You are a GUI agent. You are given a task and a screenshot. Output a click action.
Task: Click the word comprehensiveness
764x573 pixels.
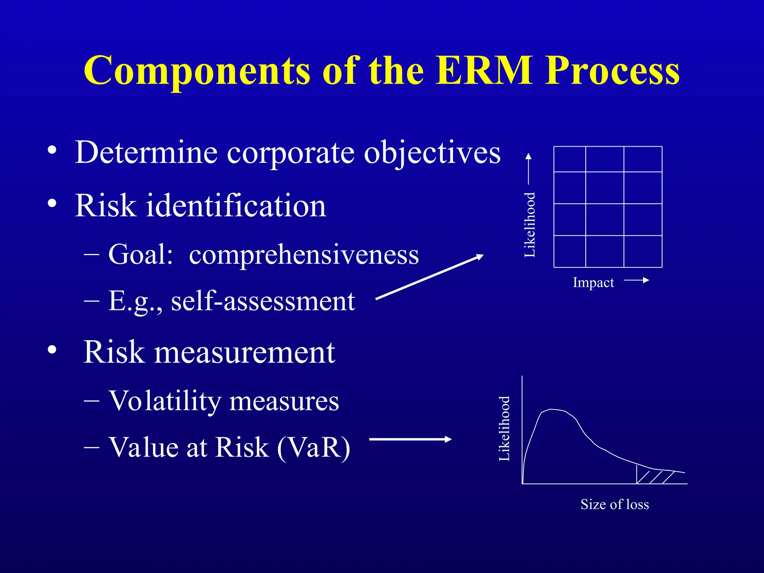pos(304,255)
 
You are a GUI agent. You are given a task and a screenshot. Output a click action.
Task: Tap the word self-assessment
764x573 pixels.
pos(263,301)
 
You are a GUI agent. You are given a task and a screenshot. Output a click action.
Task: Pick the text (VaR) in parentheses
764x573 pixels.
pos(313,448)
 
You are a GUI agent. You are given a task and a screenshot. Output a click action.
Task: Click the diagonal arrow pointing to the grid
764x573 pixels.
pos(429,277)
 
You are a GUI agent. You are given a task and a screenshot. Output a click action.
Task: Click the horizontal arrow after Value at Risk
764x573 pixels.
pos(410,439)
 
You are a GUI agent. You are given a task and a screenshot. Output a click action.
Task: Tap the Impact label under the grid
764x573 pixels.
pos(593,283)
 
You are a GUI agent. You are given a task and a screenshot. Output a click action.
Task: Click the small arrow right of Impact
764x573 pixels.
pos(636,280)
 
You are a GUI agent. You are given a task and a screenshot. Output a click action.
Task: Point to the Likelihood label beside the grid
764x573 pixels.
pos(530,225)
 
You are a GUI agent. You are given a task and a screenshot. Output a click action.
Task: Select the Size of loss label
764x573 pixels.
pos(614,504)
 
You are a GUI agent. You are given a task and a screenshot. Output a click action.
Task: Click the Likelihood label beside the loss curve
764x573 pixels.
pos(504,428)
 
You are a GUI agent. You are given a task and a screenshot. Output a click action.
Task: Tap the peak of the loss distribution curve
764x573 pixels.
pos(552,410)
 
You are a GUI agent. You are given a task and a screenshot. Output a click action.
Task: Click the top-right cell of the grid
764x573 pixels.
pos(643,159)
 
